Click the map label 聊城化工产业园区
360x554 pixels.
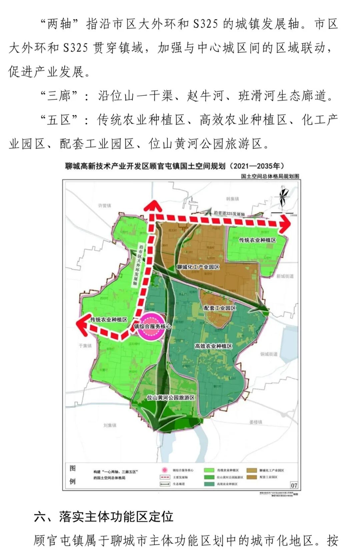pyautogui.click(x=198, y=267)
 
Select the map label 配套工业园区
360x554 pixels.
pyautogui.click(x=220, y=308)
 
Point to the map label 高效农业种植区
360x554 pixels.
pyautogui.click(x=213, y=346)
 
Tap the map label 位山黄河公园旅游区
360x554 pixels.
pyautogui.click(x=171, y=398)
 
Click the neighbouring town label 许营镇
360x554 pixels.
pyautogui.click(x=104, y=206)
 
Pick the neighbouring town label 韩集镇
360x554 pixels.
pyautogui.click(x=232, y=199)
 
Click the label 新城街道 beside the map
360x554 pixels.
pyautogui.click(x=285, y=276)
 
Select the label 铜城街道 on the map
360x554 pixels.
pyautogui.click(x=269, y=354)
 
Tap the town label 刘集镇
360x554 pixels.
pyautogui.click(x=110, y=425)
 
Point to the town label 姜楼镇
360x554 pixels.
pyautogui.click(x=256, y=422)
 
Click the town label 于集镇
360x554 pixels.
pyautogui.click(x=85, y=346)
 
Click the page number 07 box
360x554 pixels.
pyautogui.click(x=294, y=485)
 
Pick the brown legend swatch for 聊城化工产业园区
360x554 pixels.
pyautogui.click(x=252, y=470)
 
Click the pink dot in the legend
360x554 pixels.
pyautogui.click(x=165, y=470)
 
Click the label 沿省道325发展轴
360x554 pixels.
pyautogui.click(x=229, y=213)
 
